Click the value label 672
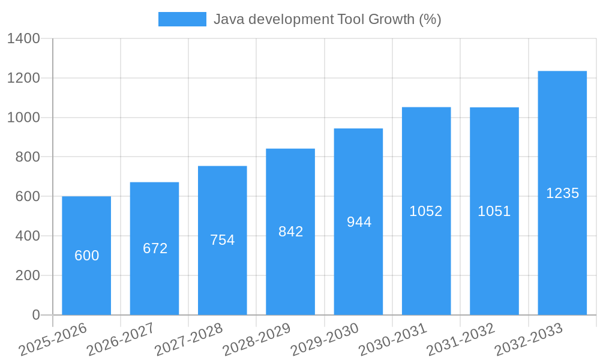(155, 248)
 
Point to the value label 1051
(494, 211)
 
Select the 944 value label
(359, 222)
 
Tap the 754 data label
(223, 240)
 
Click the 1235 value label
(562, 193)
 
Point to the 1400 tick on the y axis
(23, 39)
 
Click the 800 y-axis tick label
(28, 157)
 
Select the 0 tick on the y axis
(35, 315)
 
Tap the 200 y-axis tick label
(28, 275)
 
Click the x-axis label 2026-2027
(121, 340)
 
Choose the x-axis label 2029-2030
(325, 340)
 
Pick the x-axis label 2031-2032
(461, 340)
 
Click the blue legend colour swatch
(182, 19)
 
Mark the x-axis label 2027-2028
(188, 340)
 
